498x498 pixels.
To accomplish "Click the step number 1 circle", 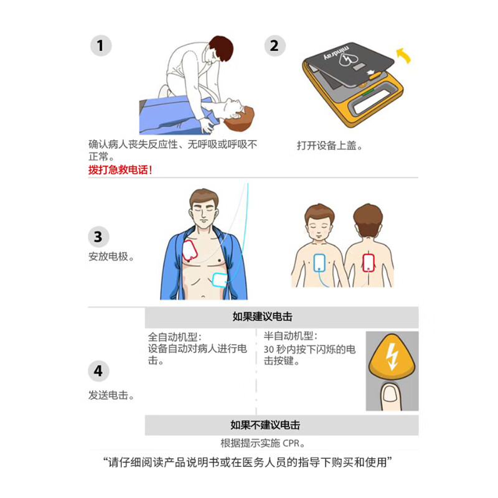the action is (x=101, y=45).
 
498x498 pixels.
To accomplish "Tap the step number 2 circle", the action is (x=275, y=45).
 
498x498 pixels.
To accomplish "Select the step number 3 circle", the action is (x=98, y=237).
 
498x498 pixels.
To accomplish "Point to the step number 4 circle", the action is (x=98, y=371).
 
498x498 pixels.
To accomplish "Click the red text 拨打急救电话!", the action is (x=120, y=170).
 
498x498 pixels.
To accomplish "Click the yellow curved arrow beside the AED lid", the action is (x=404, y=55).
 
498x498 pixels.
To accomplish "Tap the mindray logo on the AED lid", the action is (x=337, y=52).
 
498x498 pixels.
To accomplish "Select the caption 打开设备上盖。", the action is (x=330, y=146).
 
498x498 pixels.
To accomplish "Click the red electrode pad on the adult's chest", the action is (x=190, y=251).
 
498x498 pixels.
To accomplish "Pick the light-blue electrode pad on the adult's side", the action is (x=219, y=280).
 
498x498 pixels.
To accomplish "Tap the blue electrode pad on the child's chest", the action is (x=319, y=263).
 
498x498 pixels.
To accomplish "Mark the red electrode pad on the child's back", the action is (x=369, y=263).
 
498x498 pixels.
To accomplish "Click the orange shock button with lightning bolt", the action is (x=392, y=355).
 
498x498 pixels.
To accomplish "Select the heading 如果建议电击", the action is (x=262, y=317).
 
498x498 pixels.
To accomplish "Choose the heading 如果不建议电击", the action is (x=266, y=425).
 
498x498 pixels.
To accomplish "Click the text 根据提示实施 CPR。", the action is (x=263, y=443).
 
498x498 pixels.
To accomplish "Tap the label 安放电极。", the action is (x=111, y=256).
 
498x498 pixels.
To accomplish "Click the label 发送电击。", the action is (x=111, y=395).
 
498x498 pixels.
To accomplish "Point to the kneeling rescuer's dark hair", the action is (x=222, y=49).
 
